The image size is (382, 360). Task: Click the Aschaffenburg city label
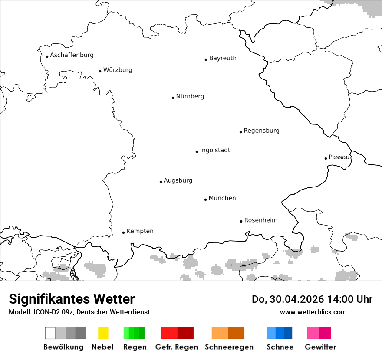72,55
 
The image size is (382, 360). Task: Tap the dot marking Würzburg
100,71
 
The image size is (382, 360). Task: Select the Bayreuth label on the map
223,58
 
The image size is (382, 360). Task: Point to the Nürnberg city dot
173,98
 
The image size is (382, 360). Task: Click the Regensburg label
261,131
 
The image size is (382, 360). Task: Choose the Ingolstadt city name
215,150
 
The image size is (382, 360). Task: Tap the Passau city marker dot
326,158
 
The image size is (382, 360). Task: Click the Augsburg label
178,180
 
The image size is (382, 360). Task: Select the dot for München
205,200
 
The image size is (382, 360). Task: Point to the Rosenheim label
260,220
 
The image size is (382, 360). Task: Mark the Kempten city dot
123,232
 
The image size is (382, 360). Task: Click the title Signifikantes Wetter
72,299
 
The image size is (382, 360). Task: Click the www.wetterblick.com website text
313,312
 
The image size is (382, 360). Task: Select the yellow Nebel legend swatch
103,333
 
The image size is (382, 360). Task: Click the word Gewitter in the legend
320,347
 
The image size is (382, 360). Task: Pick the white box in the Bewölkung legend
50,333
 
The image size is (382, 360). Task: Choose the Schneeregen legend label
229,347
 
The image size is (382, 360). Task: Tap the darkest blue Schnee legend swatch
288,333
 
